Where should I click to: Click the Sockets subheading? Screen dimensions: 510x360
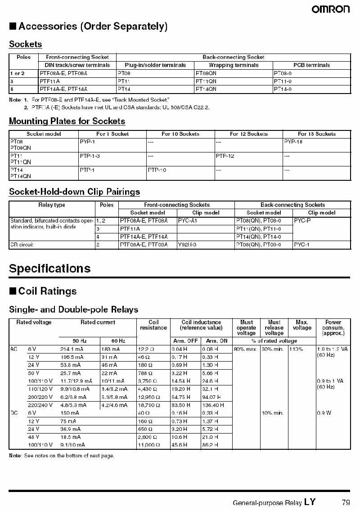(x=26, y=44)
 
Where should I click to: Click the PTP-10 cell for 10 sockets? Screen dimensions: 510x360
(x=157, y=170)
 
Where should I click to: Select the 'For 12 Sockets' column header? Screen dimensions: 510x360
(x=248, y=134)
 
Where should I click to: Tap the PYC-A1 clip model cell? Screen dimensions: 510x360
(x=188, y=221)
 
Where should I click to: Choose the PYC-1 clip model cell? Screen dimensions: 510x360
(x=301, y=245)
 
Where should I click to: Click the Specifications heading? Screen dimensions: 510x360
(x=50, y=268)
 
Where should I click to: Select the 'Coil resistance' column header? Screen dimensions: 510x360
(x=153, y=325)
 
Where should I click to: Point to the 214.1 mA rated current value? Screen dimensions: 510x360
(x=70, y=349)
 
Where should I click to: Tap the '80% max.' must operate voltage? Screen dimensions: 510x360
(x=245, y=349)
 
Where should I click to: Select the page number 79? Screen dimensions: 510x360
(x=346, y=502)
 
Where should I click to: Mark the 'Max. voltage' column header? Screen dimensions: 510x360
(x=302, y=325)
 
